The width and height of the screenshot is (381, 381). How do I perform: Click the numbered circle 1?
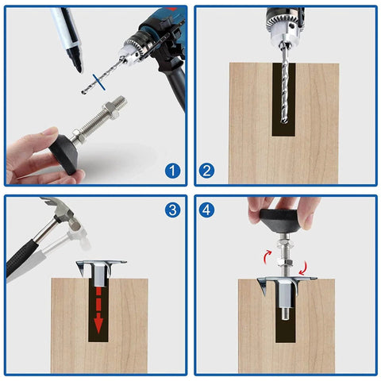(x=171, y=169)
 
